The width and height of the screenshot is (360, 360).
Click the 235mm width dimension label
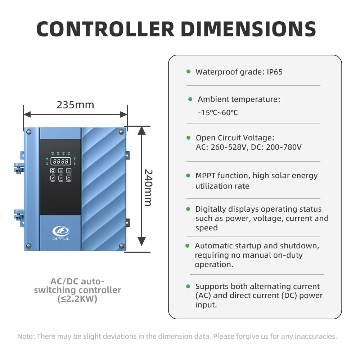(x=75, y=105)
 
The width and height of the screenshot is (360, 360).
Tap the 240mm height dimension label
(x=148, y=188)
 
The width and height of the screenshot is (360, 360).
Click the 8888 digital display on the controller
(x=60, y=161)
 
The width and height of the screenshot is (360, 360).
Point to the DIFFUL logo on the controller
(x=61, y=233)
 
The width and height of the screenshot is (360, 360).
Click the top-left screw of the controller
(x=29, y=132)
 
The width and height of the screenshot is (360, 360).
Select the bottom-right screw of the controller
(x=121, y=246)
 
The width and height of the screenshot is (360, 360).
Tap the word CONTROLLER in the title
(x=105, y=29)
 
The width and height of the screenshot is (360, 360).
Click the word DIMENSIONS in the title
(x=248, y=29)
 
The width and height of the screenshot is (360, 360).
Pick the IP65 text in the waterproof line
(x=275, y=72)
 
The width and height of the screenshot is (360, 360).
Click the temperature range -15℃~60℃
(x=218, y=112)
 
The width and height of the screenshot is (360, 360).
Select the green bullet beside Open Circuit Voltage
(x=189, y=138)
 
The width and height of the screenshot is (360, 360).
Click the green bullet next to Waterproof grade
(x=189, y=72)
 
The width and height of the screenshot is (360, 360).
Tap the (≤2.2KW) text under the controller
(x=77, y=299)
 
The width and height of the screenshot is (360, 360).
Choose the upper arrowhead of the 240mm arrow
(x=141, y=130)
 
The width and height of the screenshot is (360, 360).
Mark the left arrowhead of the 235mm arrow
(x=27, y=114)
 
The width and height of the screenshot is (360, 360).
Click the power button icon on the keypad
(x=69, y=178)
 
